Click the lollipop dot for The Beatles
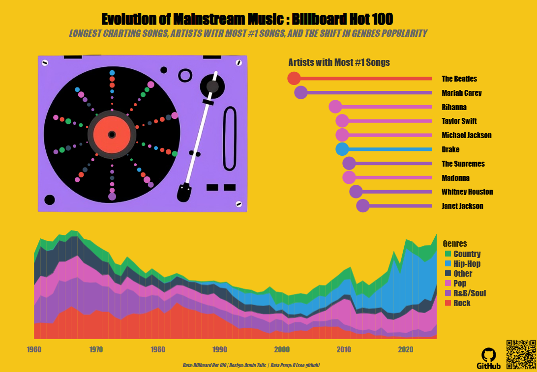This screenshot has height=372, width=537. tap(294, 78)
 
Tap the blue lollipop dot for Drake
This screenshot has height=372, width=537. tap(342, 149)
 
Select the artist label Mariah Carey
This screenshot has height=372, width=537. tap(461, 93)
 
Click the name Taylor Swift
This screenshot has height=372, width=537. tap(459, 121)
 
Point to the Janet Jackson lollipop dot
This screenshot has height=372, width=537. tap(363, 206)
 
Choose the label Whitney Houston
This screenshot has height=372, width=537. tap(467, 192)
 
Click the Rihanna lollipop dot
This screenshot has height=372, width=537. tap(335, 107)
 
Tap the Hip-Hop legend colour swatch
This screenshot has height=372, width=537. tap(447, 264)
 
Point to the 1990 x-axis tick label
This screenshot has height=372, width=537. tap(220, 350)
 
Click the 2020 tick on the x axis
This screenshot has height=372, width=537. tap(406, 350)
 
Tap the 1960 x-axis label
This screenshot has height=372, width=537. tap(34, 350)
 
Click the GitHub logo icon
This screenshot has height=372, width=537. tap(488, 355)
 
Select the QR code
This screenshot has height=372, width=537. tap(520, 354)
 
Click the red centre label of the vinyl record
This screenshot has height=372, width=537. tap(112, 134)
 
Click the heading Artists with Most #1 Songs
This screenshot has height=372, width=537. tap(339, 62)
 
